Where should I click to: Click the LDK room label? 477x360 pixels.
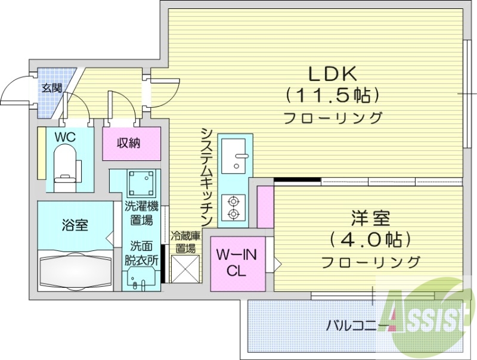332,74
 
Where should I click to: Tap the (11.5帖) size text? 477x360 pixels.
332,95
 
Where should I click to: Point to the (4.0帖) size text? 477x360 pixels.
370,240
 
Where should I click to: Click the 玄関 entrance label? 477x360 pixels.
51,88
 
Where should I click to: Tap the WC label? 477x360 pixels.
64,137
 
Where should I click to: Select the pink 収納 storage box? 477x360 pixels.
131,143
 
